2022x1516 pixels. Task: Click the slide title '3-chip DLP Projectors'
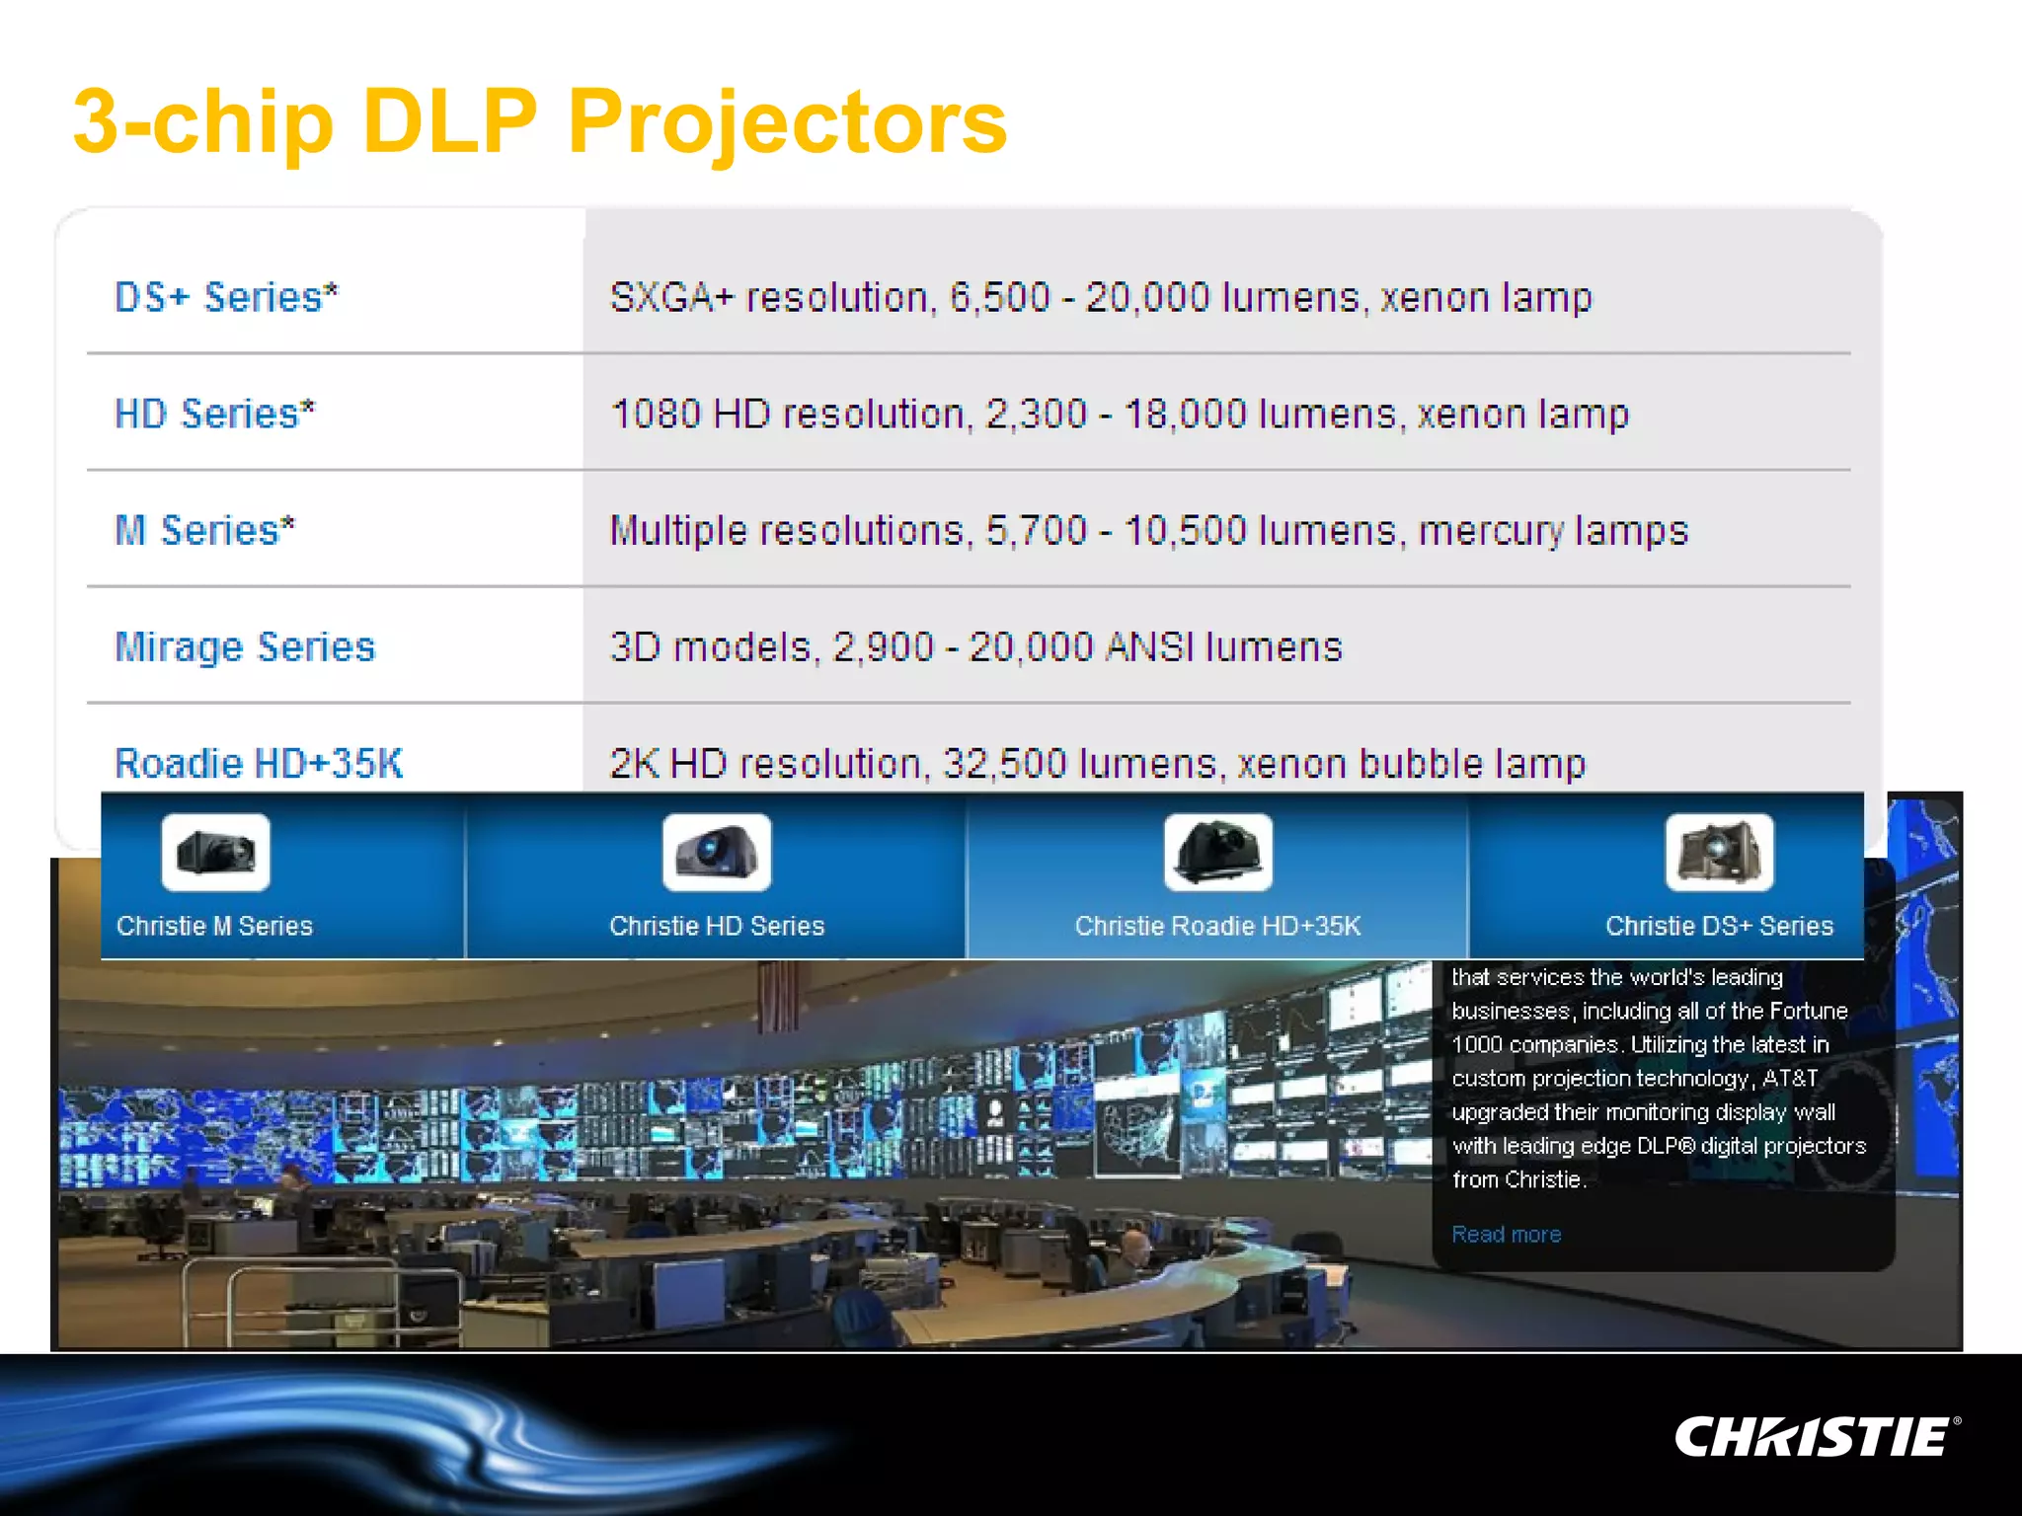point(540,122)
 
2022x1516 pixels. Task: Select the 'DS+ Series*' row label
point(226,297)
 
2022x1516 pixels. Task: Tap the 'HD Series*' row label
point(214,414)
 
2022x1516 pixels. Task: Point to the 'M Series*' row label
point(204,530)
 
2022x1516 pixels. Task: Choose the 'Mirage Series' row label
point(245,647)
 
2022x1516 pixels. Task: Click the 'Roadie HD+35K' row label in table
point(259,763)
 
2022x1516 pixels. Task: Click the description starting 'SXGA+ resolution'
point(1100,297)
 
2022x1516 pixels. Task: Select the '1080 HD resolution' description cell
point(1119,414)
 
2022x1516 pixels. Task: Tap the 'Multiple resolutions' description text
point(1148,530)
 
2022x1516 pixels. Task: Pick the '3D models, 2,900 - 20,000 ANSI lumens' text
point(975,647)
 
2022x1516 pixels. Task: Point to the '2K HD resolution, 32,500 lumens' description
point(1097,763)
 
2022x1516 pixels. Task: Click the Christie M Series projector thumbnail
point(215,852)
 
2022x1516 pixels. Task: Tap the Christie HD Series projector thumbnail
point(717,852)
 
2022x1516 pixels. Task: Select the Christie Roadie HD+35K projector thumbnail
point(1217,852)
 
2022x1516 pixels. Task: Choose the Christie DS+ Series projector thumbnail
point(1719,852)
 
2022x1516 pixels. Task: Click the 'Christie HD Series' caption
point(717,926)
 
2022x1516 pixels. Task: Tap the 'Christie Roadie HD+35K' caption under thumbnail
point(1217,926)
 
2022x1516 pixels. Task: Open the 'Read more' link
point(1506,1234)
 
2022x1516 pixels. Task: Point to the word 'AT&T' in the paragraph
point(1789,1078)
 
